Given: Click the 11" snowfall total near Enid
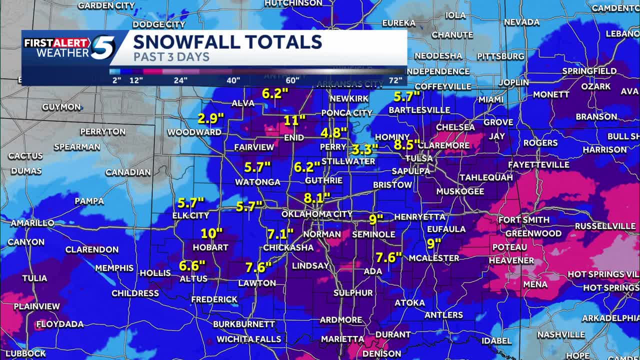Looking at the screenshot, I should coord(294,120).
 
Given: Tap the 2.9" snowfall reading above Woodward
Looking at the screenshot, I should coord(211,119).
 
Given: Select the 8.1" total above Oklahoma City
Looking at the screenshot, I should coord(317,197).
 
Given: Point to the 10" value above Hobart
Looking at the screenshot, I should coord(211,233).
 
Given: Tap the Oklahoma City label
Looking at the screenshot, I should coord(317,214).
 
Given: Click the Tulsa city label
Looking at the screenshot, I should coord(419,158).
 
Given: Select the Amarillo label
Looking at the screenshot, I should coord(32,223).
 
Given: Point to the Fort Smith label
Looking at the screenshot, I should coord(523,220).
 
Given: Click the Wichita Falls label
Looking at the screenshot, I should coord(248,339).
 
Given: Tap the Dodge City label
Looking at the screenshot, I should coord(159,24).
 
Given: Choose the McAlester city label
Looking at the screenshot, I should coord(434,258).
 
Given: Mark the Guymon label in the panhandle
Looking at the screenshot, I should coord(61,107).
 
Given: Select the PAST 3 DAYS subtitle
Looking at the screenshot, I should coord(171,57).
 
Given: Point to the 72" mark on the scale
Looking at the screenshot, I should coord(395,80).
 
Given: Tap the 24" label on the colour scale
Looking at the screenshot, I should coord(180,80).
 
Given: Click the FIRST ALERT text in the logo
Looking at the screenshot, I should coord(57,43).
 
